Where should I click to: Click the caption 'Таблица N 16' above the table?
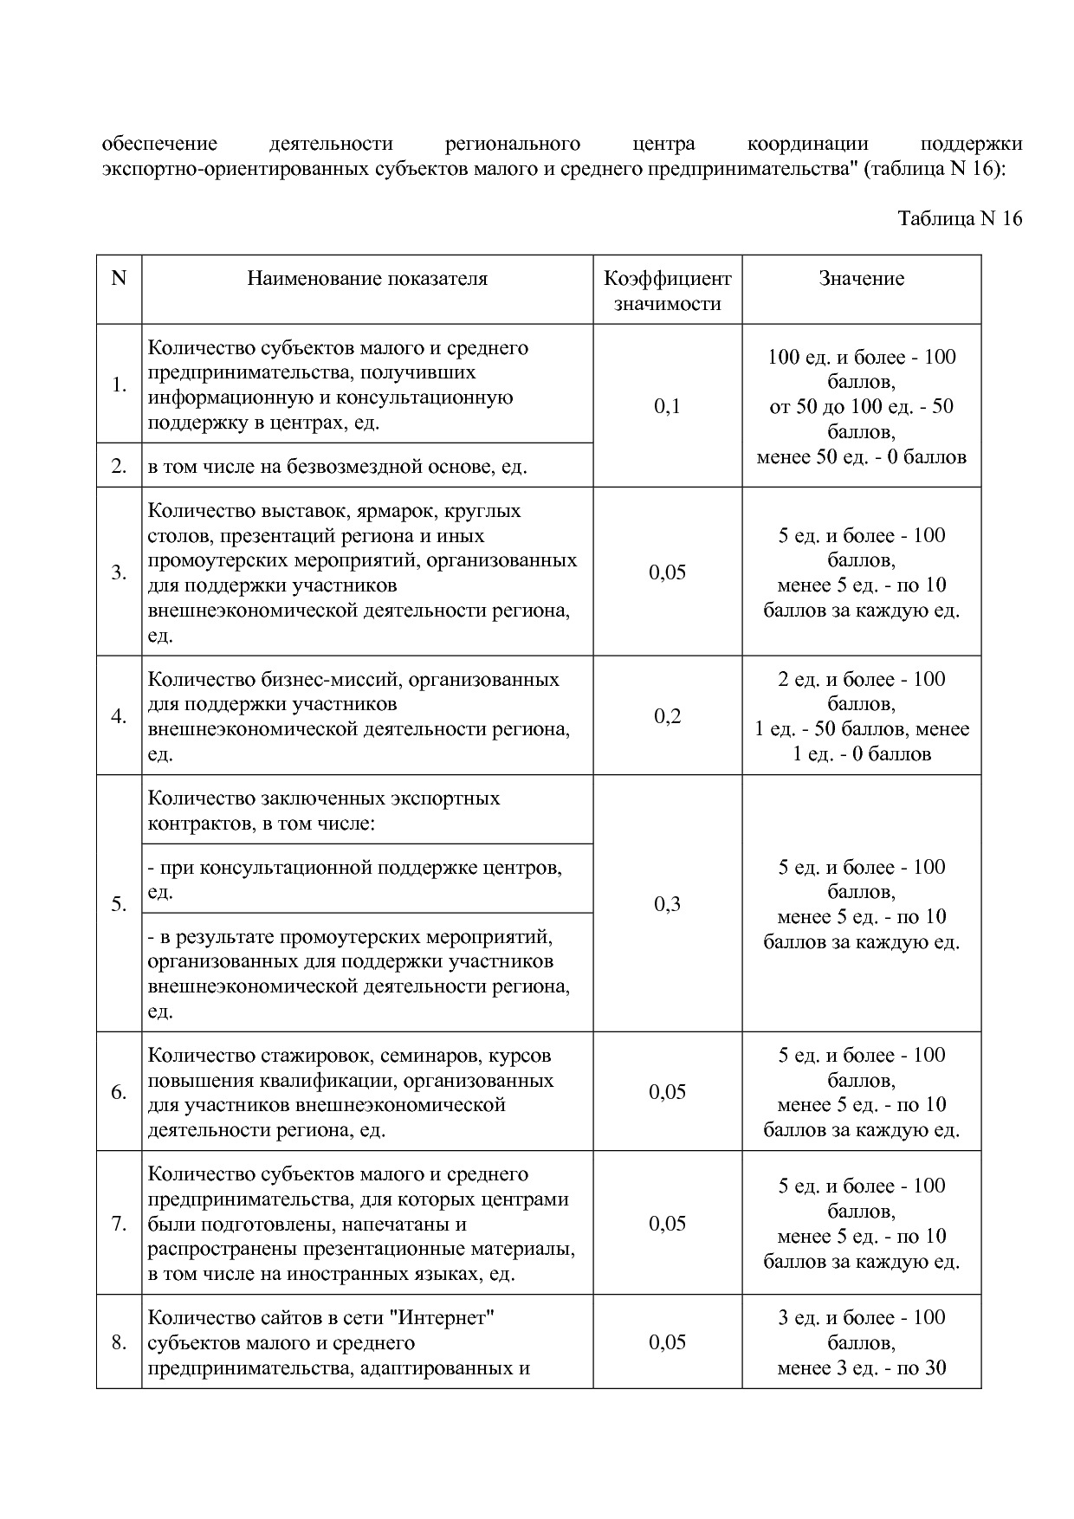960,218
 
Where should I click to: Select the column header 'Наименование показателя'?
367,279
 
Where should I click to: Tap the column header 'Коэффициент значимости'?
667,291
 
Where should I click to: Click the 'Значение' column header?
861,279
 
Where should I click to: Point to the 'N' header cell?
119,279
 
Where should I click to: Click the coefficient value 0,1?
667,406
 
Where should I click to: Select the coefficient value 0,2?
667,716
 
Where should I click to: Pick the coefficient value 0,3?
667,904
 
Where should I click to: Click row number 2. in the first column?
119,467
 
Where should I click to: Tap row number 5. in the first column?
119,904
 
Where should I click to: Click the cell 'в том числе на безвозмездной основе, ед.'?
338,467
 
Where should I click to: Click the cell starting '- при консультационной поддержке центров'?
355,879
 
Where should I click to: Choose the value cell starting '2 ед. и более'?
861,716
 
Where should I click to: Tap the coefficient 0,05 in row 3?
667,572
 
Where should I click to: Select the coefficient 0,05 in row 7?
667,1224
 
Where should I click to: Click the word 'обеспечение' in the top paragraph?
159,144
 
